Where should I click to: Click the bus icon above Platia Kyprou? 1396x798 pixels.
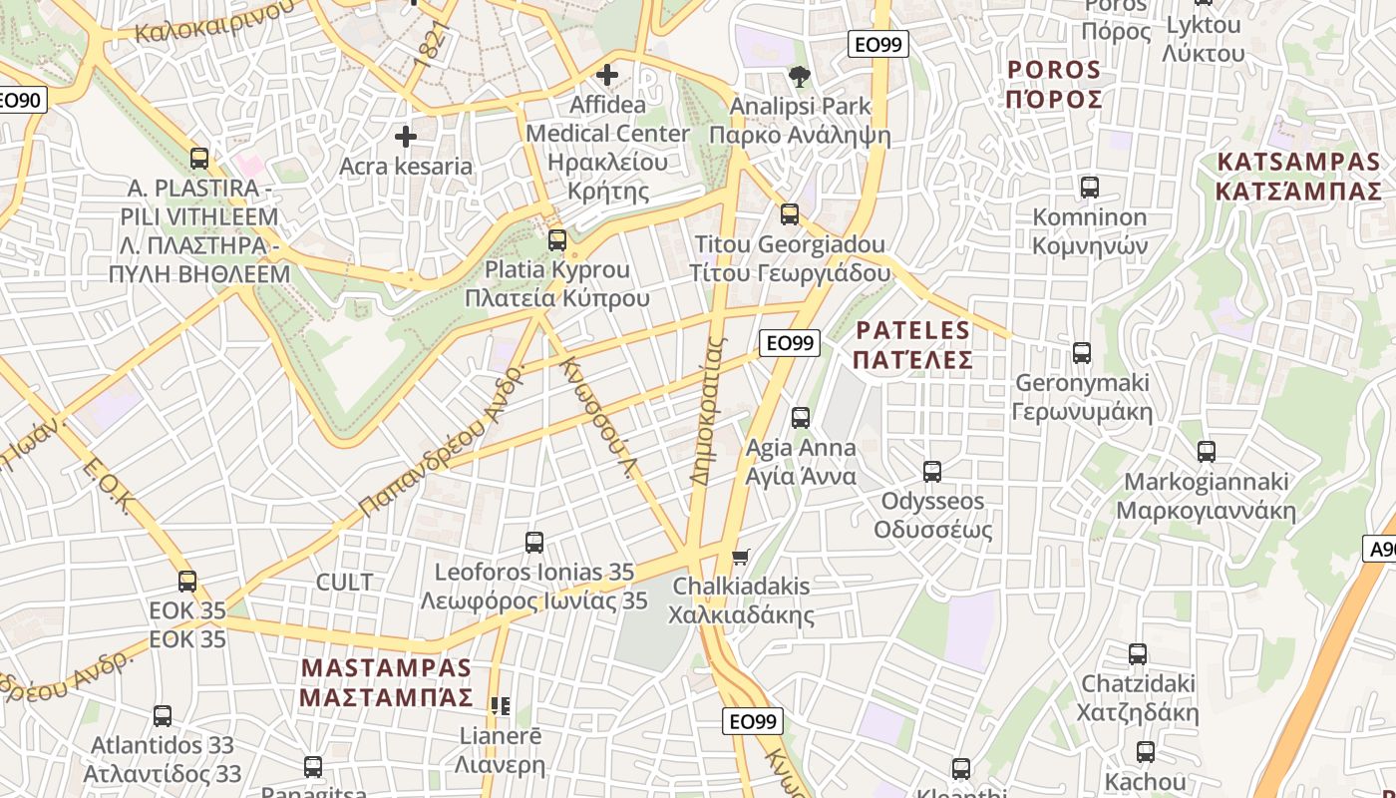pos(557,240)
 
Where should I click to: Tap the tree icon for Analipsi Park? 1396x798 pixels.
pos(799,77)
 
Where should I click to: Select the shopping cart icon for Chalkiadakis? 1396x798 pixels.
pos(740,557)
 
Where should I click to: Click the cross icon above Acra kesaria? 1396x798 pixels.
pos(406,137)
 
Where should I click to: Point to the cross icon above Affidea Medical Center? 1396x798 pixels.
pos(606,75)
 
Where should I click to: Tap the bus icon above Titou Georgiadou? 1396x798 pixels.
pos(790,214)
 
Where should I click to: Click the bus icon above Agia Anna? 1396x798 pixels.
pos(801,418)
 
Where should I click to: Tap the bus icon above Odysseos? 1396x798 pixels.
pos(932,472)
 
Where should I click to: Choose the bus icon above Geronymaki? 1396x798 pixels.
pos(1082,353)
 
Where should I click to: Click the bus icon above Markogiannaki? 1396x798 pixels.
pos(1207,452)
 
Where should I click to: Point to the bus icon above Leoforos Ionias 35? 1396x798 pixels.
pos(534,543)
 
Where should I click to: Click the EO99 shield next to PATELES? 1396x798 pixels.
pos(790,343)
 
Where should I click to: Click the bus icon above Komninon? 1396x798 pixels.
pos(1090,188)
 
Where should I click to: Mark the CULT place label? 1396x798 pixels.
pos(344,582)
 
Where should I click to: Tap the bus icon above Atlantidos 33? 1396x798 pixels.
pos(163,716)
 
